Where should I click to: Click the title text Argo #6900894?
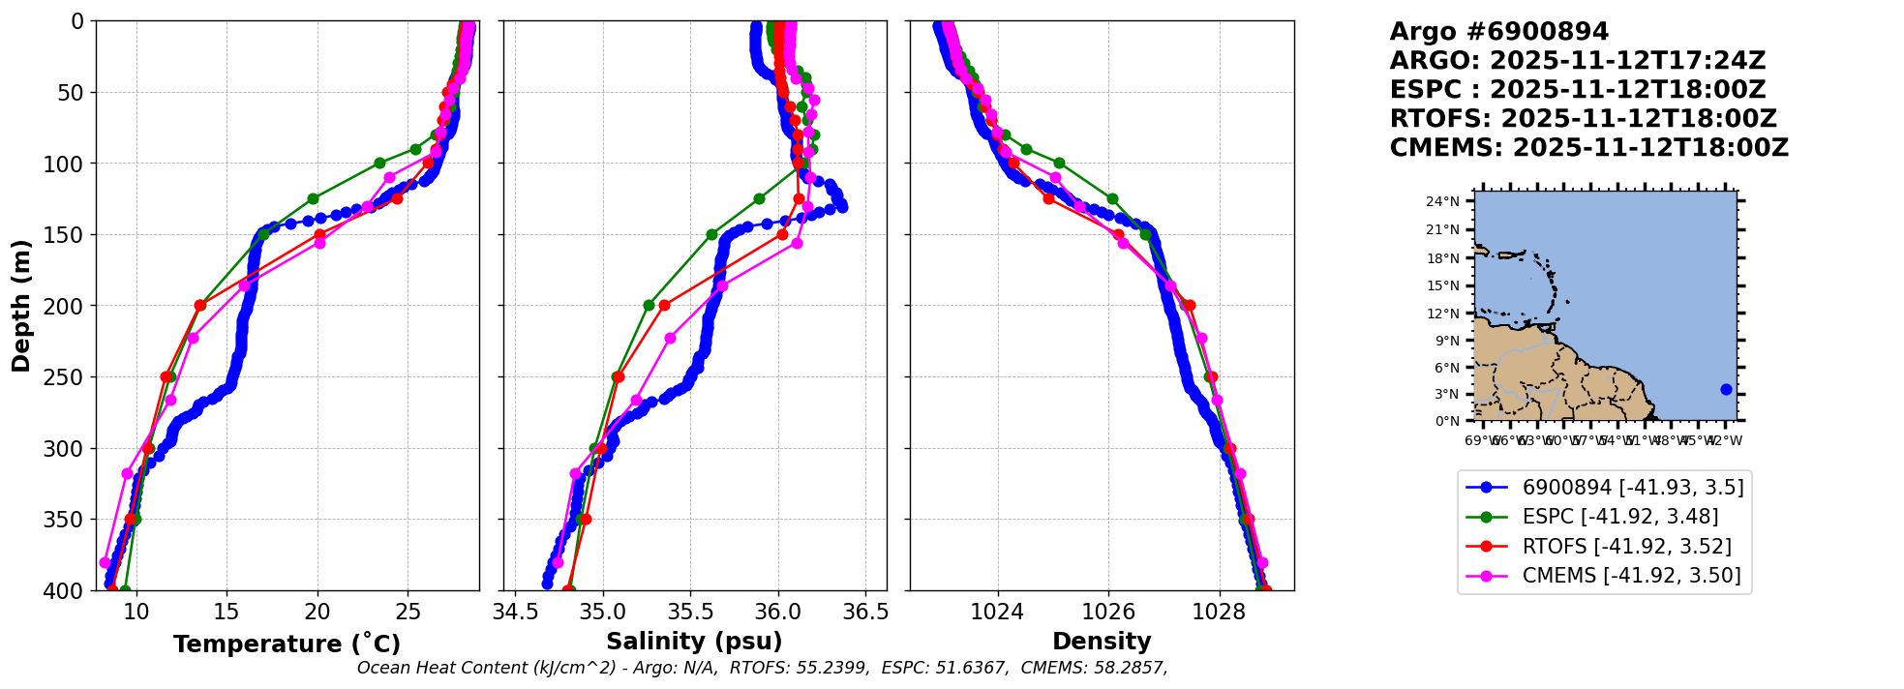(1498, 32)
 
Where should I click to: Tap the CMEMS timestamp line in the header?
(1588, 148)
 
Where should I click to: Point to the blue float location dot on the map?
(1726, 390)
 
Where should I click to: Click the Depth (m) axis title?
(21, 305)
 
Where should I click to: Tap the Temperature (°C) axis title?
(287, 644)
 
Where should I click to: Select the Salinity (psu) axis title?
(694, 642)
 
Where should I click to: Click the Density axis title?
(1102, 642)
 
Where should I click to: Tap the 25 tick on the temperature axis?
(408, 612)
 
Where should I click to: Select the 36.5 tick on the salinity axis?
(865, 612)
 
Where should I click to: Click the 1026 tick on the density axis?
(1108, 612)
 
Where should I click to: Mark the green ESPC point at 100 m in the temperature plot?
(379, 163)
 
